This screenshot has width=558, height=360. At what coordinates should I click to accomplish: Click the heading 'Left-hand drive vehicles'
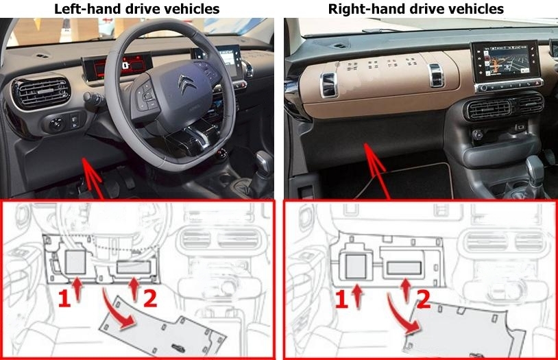(138, 9)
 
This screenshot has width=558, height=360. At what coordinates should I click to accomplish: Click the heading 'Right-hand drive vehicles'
(416, 9)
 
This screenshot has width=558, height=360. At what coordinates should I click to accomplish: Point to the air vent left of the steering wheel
(41, 93)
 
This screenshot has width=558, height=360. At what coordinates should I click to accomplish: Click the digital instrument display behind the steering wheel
(110, 67)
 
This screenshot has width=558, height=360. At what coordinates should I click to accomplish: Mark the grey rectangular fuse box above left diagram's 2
(135, 267)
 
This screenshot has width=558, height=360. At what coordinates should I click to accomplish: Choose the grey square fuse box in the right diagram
(356, 265)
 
